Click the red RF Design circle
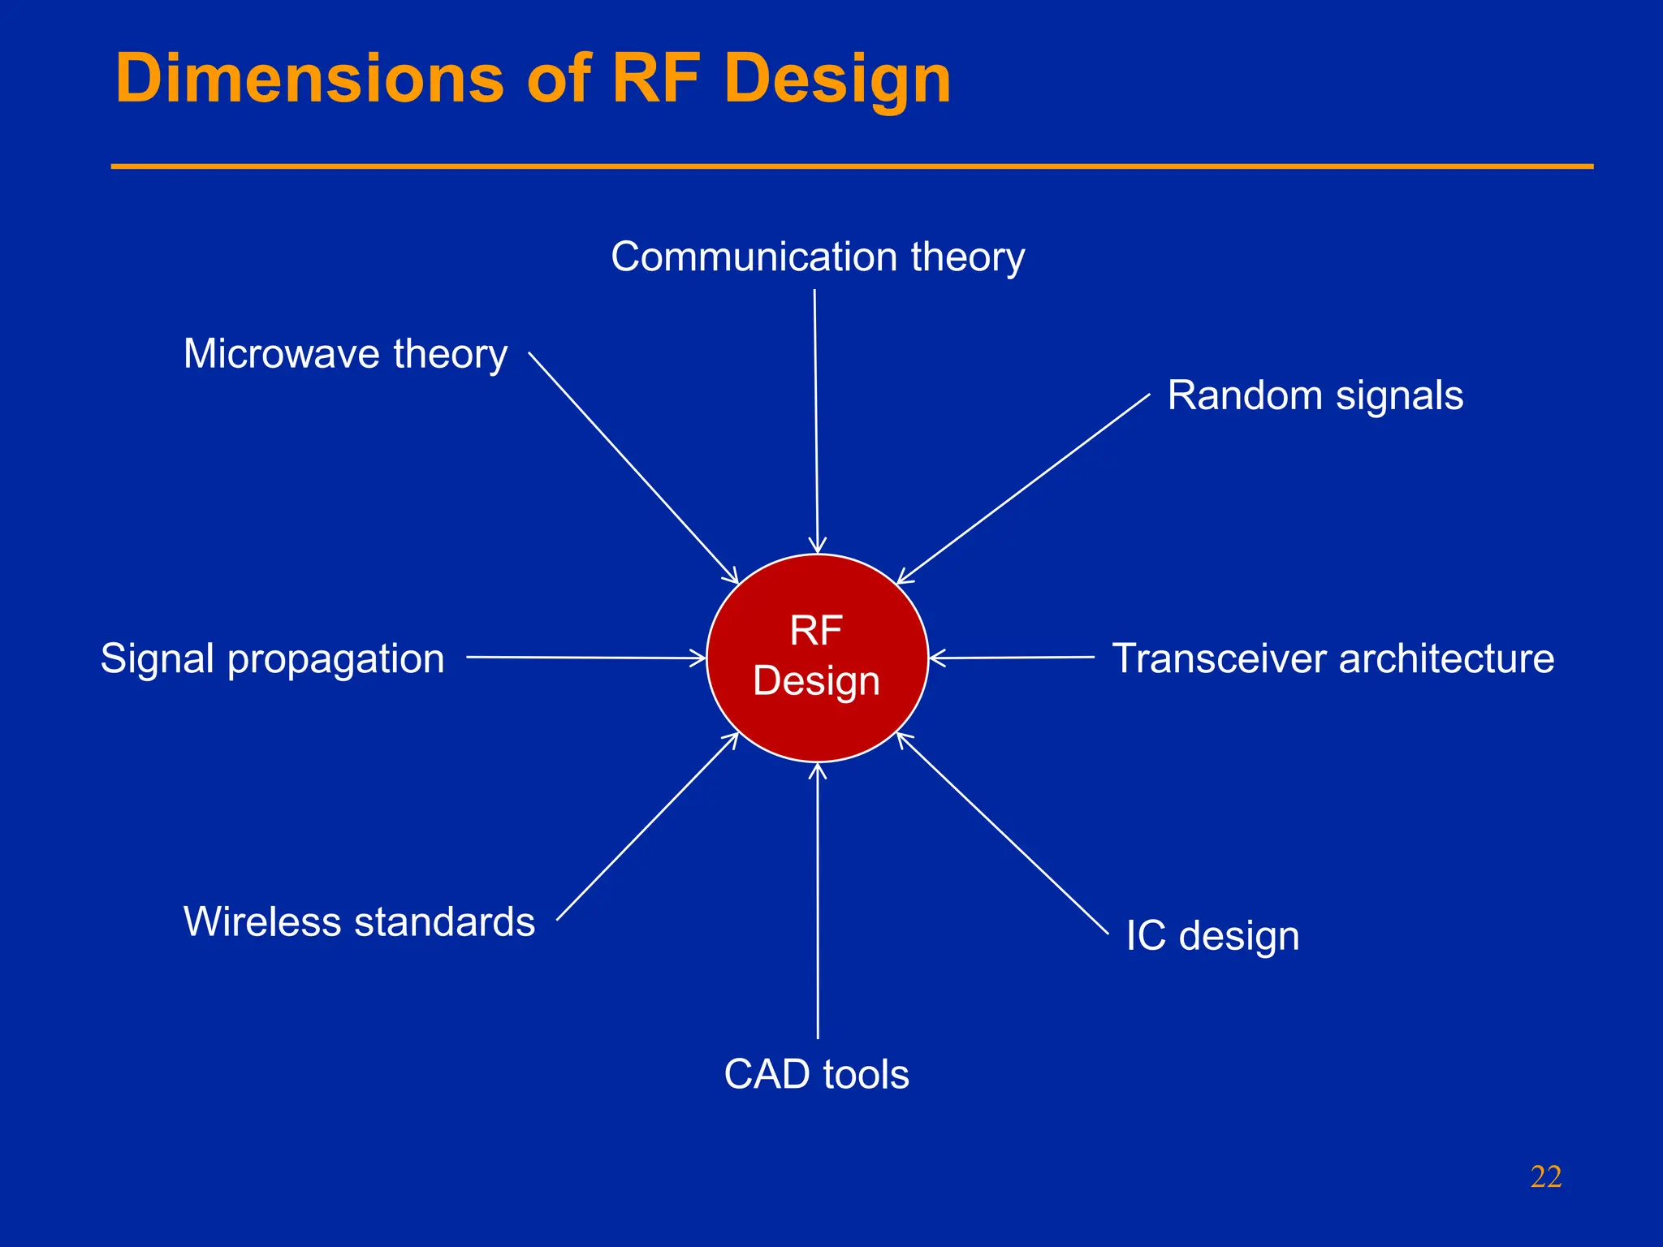pyautogui.click(x=817, y=658)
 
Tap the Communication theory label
pyautogui.click(x=818, y=257)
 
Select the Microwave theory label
pyautogui.click(x=345, y=355)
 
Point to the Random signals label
pyautogui.click(x=1315, y=396)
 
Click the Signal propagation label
pyautogui.click(x=272, y=658)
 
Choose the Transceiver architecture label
pyautogui.click(x=1333, y=658)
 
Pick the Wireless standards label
pyautogui.click(x=359, y=922)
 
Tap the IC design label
pyautogui.click(x=1212, y=936)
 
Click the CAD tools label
pyautogui.click(x=816, y=1074)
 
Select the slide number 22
pyautogui.click(x=1545, y=1176)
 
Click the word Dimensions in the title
pyautogui.click(x=309, y=79)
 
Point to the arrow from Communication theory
pyautogui.click(x=816, y=422)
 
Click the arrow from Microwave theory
pyautogui.click(x=633, y=468)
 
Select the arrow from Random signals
pyautogui.click(x=1023, y=489)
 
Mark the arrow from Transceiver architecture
pyautogui.click(x=1012, y=658)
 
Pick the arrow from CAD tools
pyautogui.click(x=818, y=901)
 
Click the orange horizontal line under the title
pyautogui.click(x=852, y=166)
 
